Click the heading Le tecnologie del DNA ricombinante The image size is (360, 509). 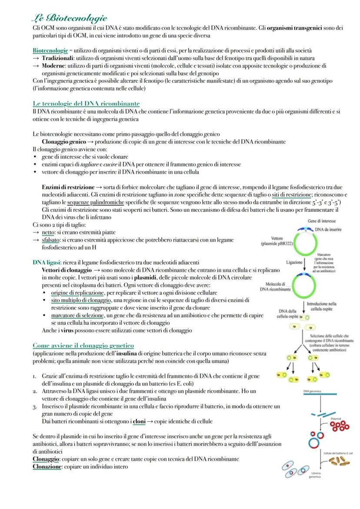[86, 103]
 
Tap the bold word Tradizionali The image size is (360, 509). [56, 58]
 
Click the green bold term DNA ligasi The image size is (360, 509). [47, 262]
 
